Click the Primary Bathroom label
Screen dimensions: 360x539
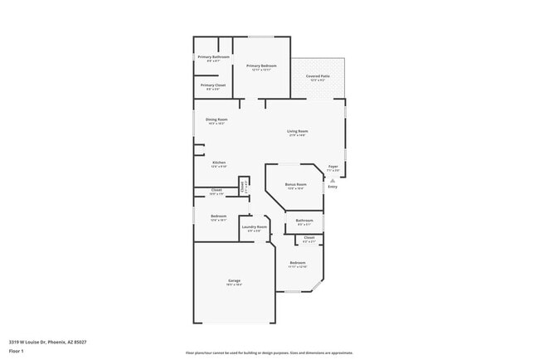(213, 56)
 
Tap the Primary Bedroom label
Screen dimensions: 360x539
(261, 66)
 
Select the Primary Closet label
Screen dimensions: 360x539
(213, 85)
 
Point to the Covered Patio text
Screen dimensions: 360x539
(318, 76)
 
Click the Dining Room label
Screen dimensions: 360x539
(216, 119)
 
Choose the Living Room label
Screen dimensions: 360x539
(298, 131)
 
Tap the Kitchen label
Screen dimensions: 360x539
(218, 163)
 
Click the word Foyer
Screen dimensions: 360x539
(333, 166)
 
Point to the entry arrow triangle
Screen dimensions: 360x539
(333, 179)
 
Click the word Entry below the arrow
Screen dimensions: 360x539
(333, 187)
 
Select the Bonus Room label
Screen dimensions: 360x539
(296, 184)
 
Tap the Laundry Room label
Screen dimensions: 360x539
(255, 226)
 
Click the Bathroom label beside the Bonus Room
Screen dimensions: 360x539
(304, 220)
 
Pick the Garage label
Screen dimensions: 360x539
(235, 281)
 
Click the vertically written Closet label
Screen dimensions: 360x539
(242, 187)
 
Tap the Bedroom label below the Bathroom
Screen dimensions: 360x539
(298, 263)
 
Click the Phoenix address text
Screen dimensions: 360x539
(48, 341)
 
